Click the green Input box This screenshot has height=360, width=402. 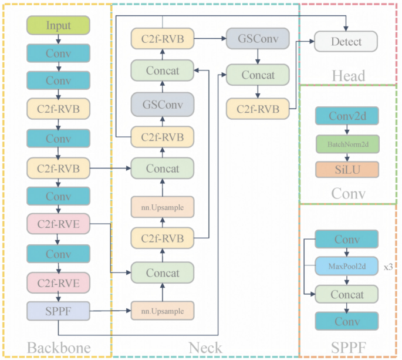coord(58,26)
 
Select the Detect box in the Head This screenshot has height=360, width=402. coord(346,42)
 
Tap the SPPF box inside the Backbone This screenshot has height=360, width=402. coord(58,309)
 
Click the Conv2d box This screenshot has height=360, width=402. coord(346,116)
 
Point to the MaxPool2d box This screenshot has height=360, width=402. coord(346,267)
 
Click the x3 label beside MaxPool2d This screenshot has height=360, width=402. coord(388,267)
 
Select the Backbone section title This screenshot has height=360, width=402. coord(58,348)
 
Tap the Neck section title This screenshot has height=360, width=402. coord(205,348)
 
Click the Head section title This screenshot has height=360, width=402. coord(348,75)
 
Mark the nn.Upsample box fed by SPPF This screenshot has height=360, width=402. coord(162,311)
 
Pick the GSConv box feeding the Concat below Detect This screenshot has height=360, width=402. coord(258,38)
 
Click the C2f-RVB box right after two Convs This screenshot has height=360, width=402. coord(58,108)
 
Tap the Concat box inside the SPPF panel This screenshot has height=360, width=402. coord(346,294)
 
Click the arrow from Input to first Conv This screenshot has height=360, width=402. coord(58,39)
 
